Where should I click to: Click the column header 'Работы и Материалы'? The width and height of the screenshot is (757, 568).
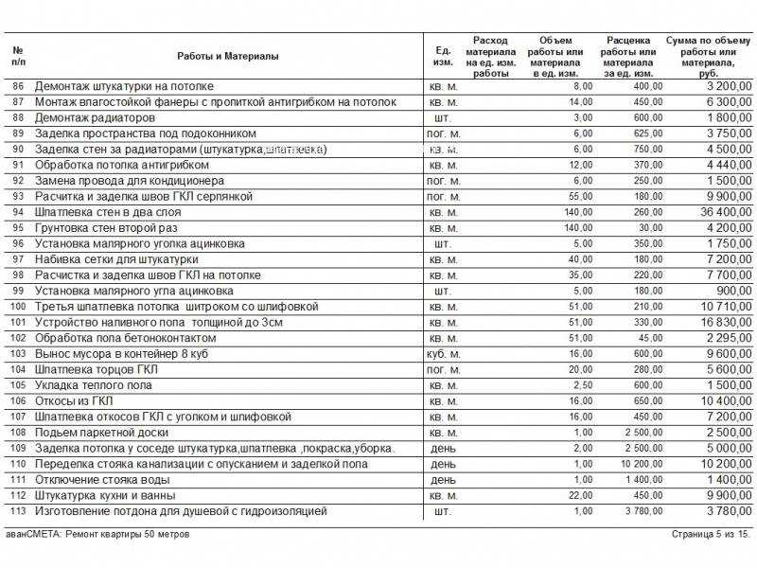click(x=227, y=57)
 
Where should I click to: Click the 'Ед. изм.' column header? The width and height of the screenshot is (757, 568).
click(x=442, y=57)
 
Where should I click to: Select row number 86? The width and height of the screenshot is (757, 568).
click(x=18, y=86)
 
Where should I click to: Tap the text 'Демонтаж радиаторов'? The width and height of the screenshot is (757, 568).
click(x=95, y=118)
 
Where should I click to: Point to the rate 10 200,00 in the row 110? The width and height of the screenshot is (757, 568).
click(x=643, y=464)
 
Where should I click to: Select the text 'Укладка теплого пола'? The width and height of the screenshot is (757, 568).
click(x=92, y=385)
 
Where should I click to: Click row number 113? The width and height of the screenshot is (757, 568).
click(x=18, y=511)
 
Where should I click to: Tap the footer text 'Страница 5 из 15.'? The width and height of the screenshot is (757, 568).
click(x=712, y=534)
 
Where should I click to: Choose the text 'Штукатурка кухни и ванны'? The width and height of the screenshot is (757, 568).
click(x=105, y=495)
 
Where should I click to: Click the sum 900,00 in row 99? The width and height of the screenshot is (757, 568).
click(x=734, y=291)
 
